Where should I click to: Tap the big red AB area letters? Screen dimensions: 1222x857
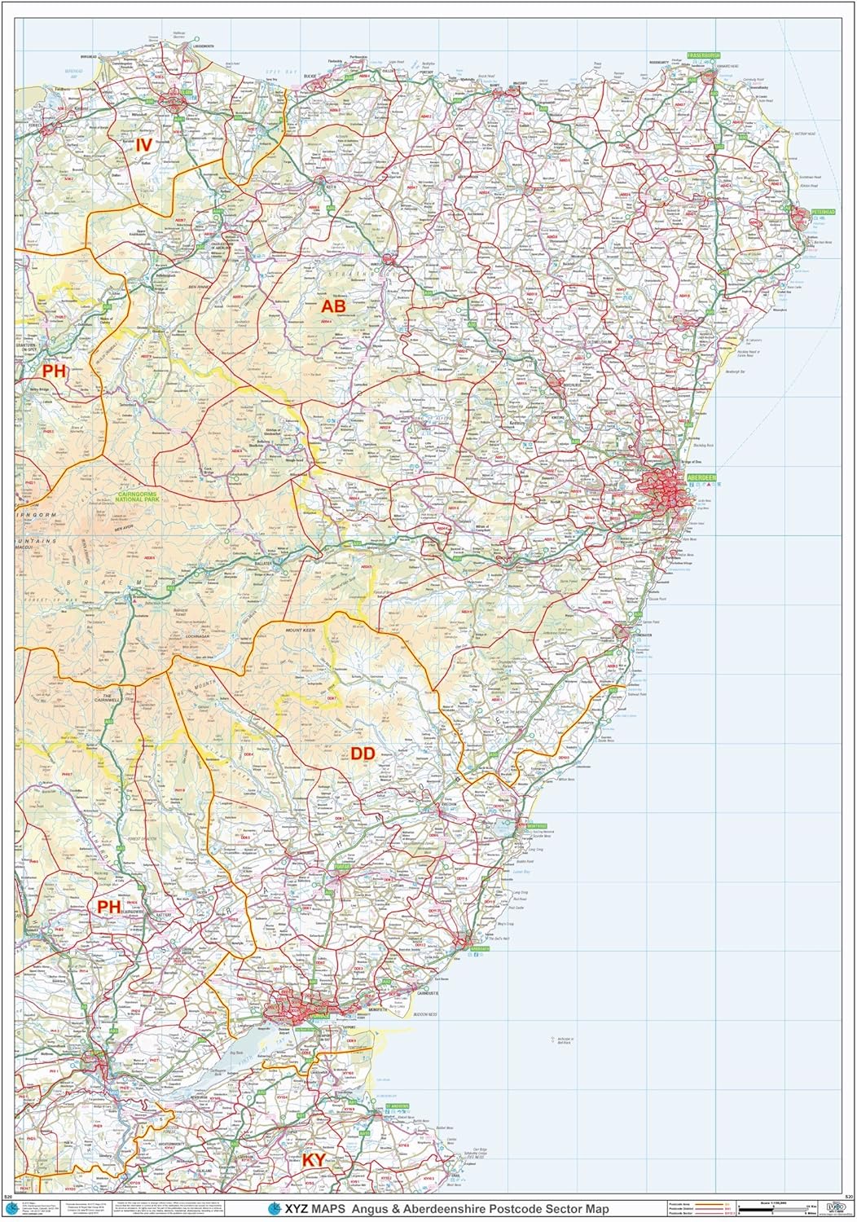point(333,305)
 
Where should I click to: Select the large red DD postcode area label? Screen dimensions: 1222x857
point(363,754)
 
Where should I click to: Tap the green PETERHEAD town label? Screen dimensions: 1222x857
point(822,212)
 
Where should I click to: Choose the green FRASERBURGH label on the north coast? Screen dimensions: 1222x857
point(703,55)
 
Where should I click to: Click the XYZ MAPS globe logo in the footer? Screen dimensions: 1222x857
point(275,1208)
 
